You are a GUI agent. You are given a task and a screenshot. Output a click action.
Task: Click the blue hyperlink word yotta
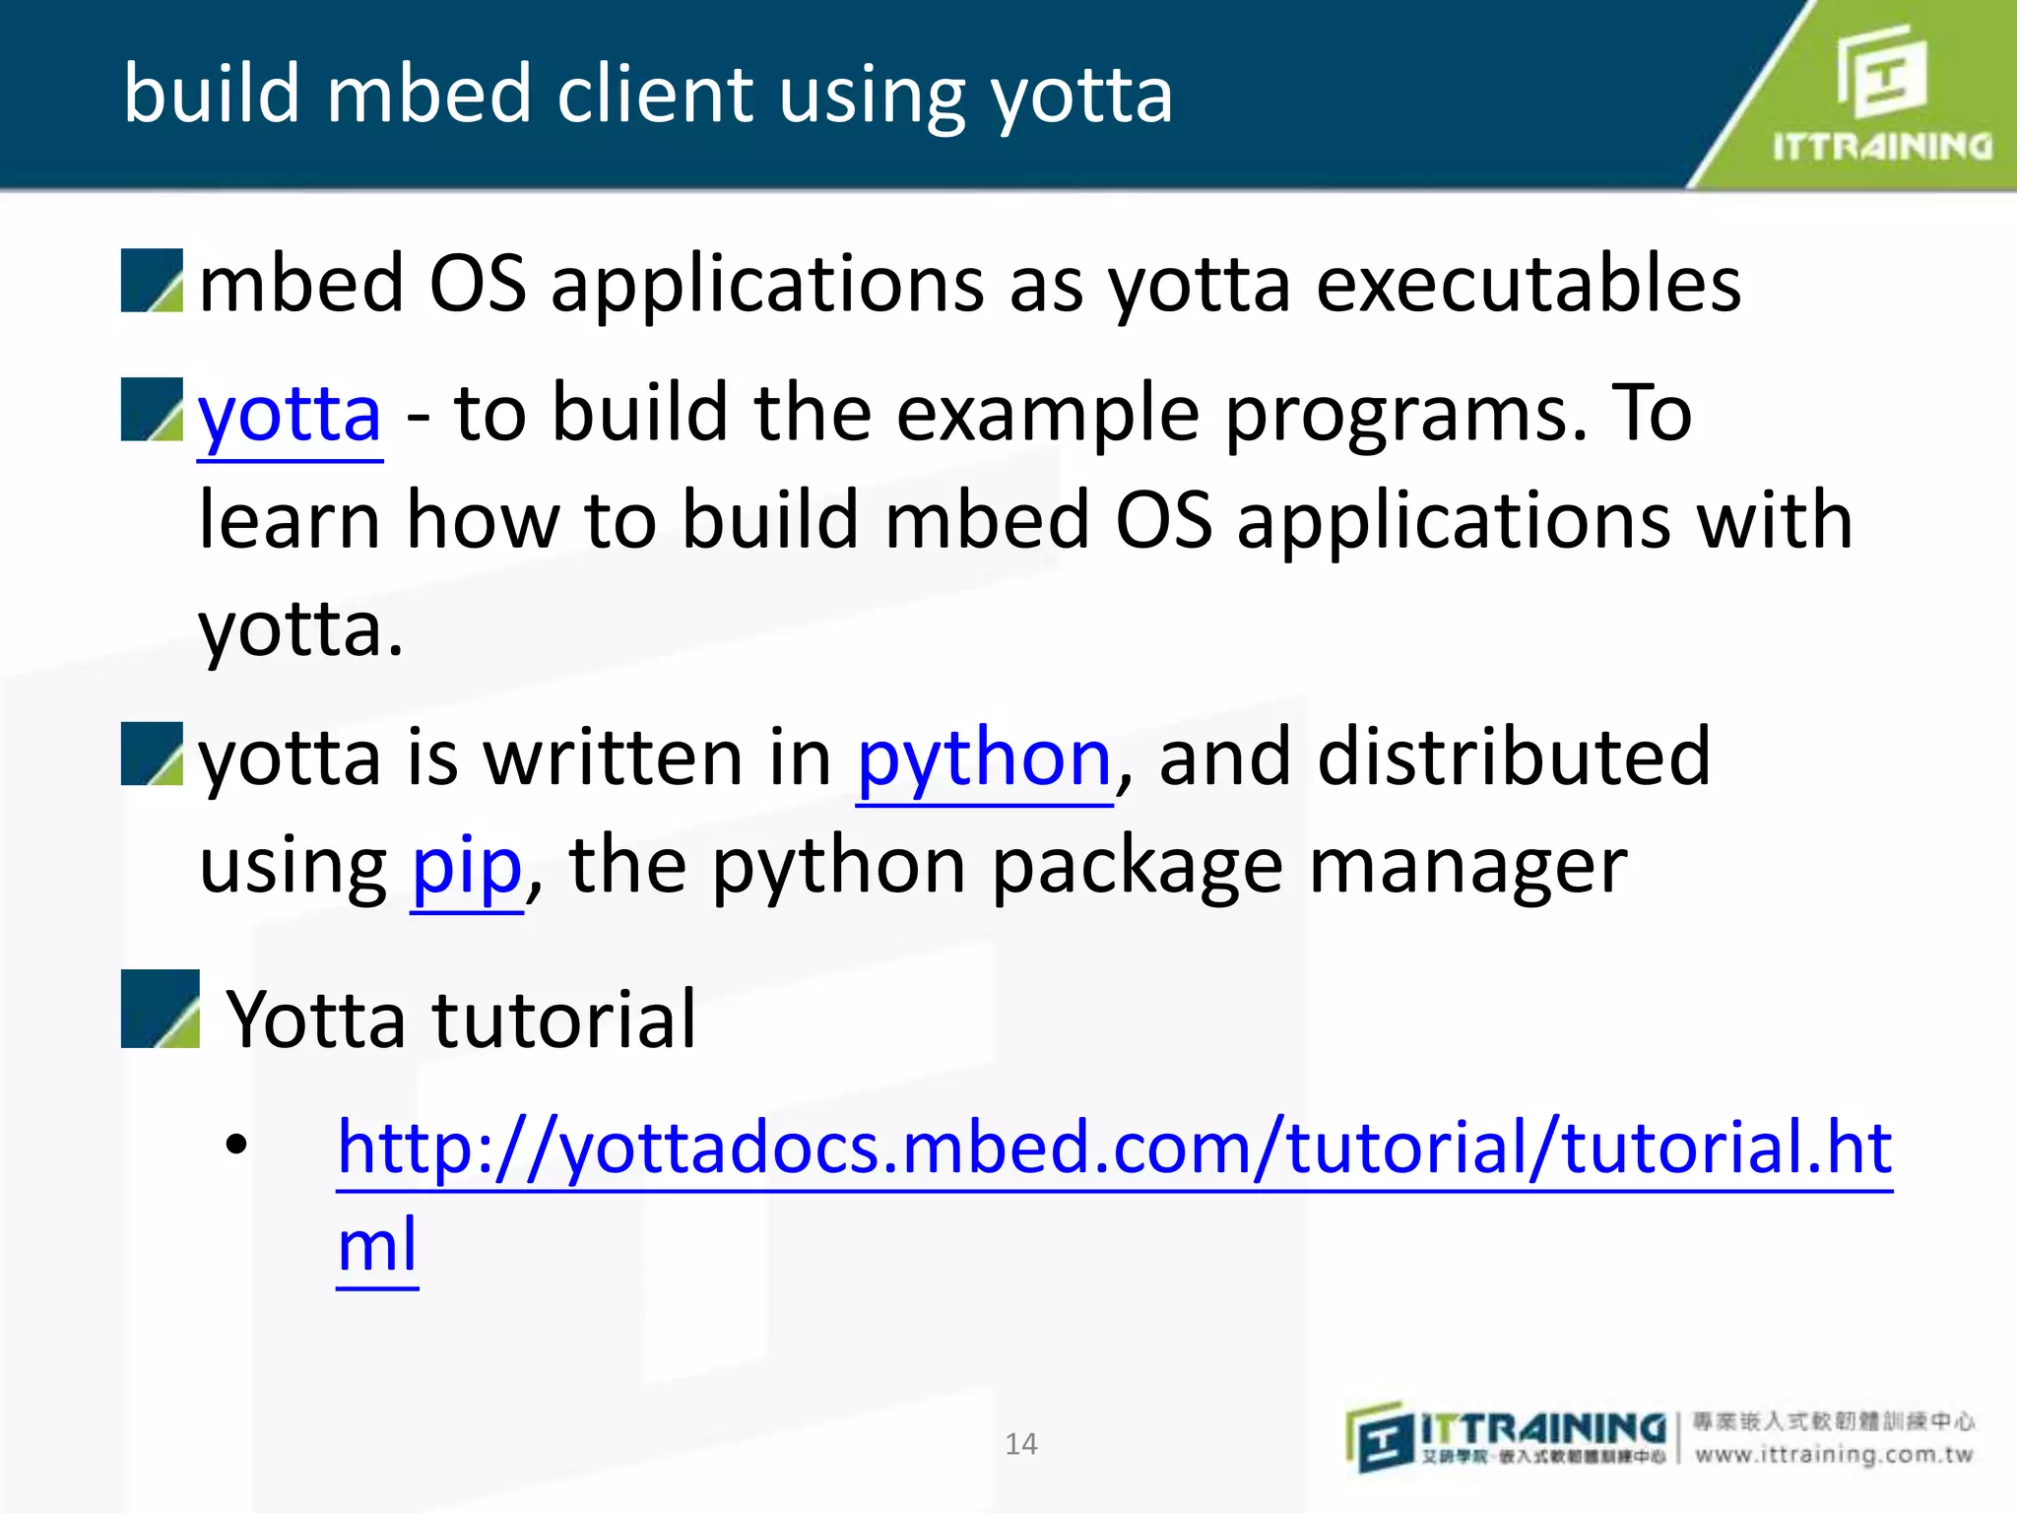coord(290,416)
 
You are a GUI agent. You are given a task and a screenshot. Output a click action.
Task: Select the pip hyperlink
coord(466,867)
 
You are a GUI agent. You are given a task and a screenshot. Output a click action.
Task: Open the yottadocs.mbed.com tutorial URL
coord(1113,1149)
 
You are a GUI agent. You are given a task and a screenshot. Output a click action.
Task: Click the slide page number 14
coord(1020,1444)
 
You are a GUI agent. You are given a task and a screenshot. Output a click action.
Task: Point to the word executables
coord(1528,285)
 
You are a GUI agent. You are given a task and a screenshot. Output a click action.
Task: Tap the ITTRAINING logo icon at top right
coord(1881,71)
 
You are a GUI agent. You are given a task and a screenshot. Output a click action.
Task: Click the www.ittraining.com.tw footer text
coord(1834,1455)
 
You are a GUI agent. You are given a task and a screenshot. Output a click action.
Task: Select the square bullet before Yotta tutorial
coord(160,1009)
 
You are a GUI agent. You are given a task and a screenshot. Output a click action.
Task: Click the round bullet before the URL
coord(236,1145)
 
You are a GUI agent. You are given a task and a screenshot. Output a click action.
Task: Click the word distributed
coord(1514,758)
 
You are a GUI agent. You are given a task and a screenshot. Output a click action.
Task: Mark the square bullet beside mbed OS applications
coord(152,281)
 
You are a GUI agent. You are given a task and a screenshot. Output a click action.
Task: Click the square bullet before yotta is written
coord(152,754)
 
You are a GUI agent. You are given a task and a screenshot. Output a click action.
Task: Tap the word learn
coord(290,521)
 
